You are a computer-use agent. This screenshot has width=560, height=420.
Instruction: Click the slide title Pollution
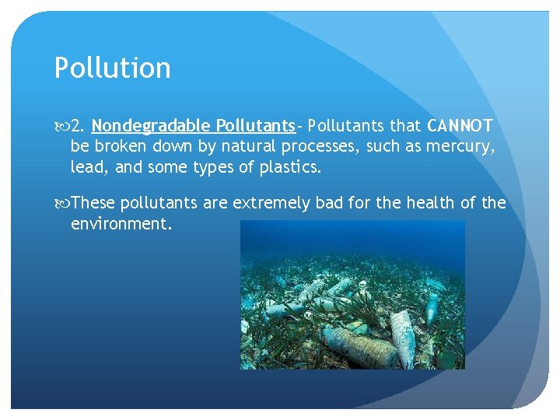point(112,68)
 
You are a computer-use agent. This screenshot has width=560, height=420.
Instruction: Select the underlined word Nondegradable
point(151,125)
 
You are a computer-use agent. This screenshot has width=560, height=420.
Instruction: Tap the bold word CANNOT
point(460,125)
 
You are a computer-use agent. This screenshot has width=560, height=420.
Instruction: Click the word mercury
point(459,146)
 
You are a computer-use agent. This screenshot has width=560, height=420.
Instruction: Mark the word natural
point(247,146)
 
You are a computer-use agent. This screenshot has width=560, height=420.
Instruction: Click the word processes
point(320,146)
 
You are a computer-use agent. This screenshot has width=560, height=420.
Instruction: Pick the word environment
point(120,224)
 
